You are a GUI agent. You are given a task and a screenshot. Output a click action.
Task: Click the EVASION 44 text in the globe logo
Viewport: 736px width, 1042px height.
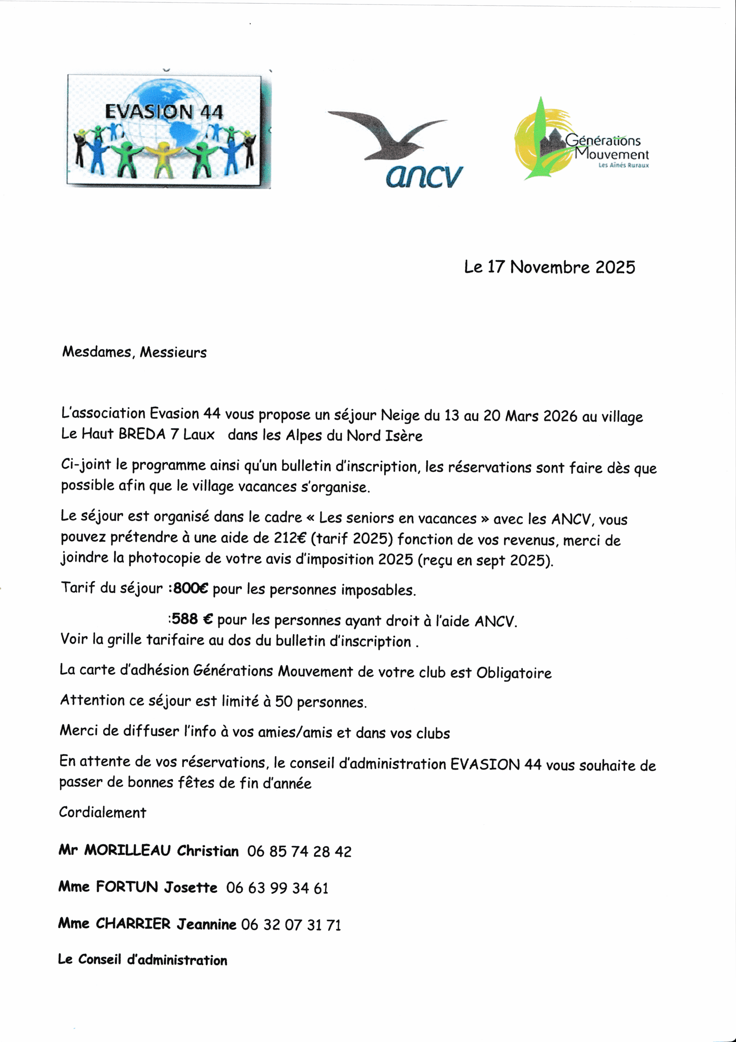pyautogui.click(x=164, y=112)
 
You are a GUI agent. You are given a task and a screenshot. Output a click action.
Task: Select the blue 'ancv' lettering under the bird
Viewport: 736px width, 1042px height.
pyautogui.click(x=424, y=177)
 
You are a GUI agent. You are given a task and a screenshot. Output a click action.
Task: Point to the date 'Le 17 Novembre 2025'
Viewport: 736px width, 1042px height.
pyautogui.click(x=549, y=267)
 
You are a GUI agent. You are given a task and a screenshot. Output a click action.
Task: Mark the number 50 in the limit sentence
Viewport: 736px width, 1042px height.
pyautogui.click(x=283, y=702)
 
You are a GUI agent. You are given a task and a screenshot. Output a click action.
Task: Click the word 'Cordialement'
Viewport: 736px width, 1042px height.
pyautogui.click(x=102, y=812)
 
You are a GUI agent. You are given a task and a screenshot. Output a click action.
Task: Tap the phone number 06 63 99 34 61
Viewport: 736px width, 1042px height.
pyautogui.click(x=277, y=888)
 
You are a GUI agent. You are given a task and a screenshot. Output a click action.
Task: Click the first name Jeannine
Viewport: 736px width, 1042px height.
pyautogui.click(x=206, y=924)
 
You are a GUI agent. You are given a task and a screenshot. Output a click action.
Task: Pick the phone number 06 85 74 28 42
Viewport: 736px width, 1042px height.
pyautogui.click(x=299, y=852)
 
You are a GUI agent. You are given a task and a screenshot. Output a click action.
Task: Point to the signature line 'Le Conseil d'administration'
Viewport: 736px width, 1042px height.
pyautogui.click(x=142, y=960)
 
